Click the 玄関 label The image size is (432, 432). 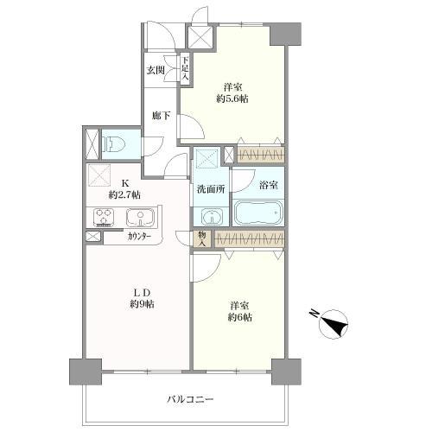pyautogui.click(x=156, y=70)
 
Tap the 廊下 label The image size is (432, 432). pyautogui.click(x=160, y=115)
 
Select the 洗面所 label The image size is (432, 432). pyautogui.click(x=210, y=189)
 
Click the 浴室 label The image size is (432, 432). pyautogui.click(x=267, y=184)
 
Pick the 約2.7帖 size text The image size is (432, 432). pyautogui.click(x=125, y=195)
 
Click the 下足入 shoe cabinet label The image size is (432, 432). pyautogui.click(x=184, y=68)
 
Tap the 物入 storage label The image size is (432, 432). pyautogui.click(x=201, y=238)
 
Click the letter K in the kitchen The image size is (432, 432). pyautogui.click(x=124, y=182)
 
